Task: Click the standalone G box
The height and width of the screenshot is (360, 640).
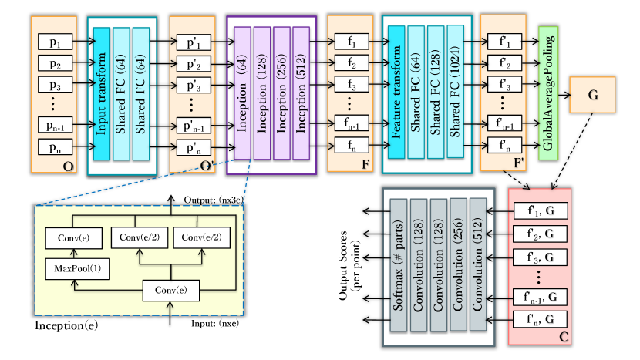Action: click(593, 96)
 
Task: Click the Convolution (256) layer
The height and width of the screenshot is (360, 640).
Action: click(458, 263)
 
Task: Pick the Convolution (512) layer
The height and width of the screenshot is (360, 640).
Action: click(478, 263)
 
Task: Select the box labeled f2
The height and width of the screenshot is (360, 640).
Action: click(352, 62)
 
